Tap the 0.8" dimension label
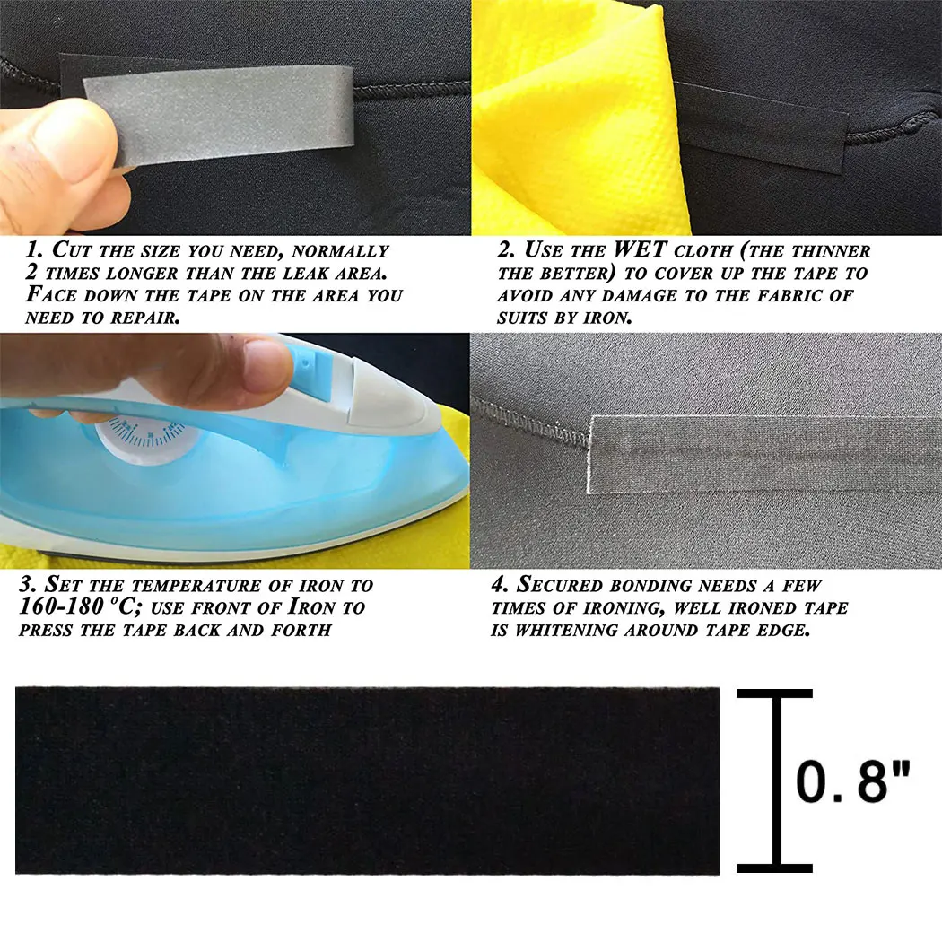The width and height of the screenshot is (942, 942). point(853,781)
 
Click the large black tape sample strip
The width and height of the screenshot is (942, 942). point(367,781)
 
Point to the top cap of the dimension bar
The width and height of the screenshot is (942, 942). point(775,693)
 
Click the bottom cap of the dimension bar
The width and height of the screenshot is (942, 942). point(775,868)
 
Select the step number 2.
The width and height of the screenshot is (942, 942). point(504,250)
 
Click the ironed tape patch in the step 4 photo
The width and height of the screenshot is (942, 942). point(763,453)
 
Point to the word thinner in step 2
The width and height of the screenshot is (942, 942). point(826,250)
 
